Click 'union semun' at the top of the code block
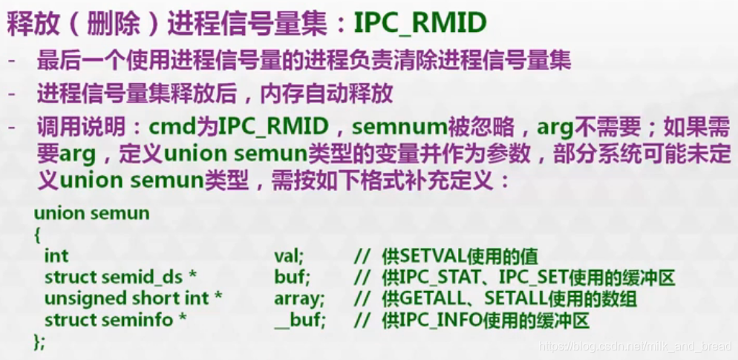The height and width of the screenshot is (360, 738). tap(91, 214)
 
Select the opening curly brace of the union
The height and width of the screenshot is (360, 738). tap(37, 234)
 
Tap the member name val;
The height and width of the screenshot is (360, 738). tap(289, 256)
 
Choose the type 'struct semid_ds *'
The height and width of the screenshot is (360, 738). tap(120, 278)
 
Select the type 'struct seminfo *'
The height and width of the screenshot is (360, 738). tap(115, 321)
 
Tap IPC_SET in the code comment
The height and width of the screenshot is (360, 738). tap(526, 278)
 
